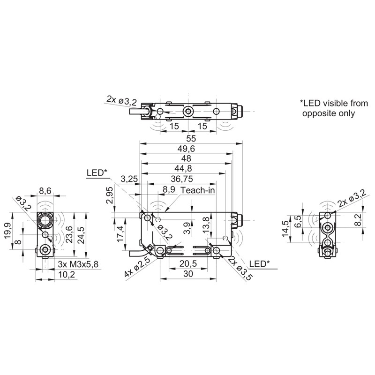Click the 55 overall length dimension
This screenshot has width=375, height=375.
click(x=191, y=138)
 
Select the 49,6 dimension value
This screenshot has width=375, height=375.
click(x=186, y=149)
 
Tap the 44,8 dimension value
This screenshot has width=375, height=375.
click(x=183, y=169)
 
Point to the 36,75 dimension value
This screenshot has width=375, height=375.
click(x=182, y=179)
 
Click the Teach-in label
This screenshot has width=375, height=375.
click(x=197, y=190)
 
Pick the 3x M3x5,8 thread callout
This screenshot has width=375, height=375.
click(x=78, y=264)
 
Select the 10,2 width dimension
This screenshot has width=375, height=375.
click(x=67, y=274)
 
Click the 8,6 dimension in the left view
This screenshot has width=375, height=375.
click(x=45, y=191)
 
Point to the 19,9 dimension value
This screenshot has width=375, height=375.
click(x=7, y=231)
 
